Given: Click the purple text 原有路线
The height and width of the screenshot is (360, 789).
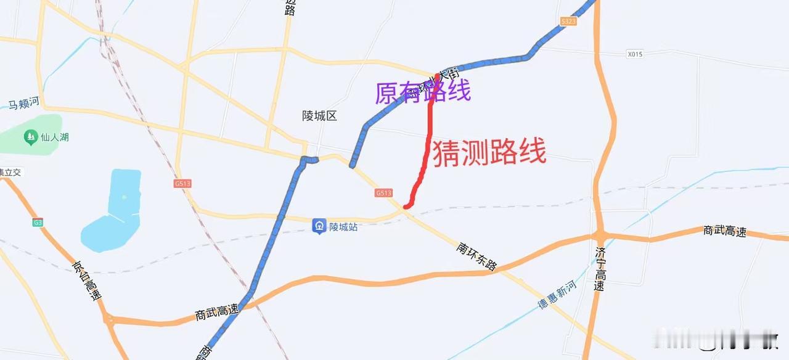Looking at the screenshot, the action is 423,92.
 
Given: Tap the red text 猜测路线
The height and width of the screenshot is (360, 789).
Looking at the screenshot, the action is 489,153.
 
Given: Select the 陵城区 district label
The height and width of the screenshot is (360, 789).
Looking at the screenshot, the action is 320,116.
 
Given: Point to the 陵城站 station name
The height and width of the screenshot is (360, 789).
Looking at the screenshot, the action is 343,227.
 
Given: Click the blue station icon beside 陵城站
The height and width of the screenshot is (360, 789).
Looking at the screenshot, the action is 319,226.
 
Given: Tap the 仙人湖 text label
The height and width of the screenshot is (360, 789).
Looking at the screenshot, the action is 54,137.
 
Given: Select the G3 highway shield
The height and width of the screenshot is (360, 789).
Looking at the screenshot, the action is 38,222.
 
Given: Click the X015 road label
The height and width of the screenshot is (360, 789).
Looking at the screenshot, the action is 634,54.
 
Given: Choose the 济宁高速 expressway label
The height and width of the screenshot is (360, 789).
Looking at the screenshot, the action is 601,269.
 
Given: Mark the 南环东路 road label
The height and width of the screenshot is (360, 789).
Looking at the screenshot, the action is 476,256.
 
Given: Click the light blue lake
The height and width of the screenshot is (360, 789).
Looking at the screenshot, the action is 114,213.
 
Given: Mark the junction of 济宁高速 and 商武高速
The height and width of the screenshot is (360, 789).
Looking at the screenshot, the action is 600,235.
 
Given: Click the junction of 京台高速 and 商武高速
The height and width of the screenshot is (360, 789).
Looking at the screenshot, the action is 109,319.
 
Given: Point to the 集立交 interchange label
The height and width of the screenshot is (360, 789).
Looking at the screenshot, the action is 10,172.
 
